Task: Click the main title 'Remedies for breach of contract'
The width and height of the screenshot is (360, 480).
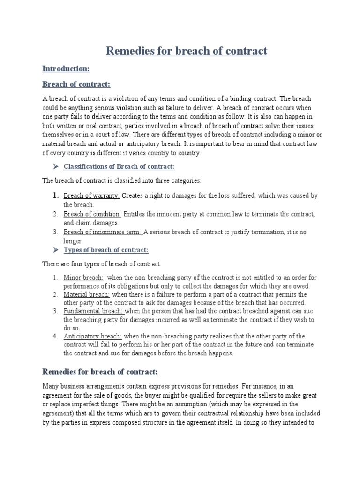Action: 187,51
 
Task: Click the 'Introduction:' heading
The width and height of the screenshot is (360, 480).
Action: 66,69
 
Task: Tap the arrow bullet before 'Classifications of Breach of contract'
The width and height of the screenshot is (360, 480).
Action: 54,167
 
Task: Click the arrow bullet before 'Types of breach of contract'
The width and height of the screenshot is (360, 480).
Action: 54,250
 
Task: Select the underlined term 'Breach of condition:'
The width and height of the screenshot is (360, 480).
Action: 92,214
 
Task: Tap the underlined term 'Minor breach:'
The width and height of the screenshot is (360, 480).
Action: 83,277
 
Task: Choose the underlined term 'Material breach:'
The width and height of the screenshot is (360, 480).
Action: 87,295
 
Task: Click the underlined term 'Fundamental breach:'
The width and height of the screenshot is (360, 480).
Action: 93,311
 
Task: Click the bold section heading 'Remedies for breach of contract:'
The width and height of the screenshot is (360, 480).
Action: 100,372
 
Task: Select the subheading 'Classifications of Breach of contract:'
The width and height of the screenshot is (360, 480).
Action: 119,167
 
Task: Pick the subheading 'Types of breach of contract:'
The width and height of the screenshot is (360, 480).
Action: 106,250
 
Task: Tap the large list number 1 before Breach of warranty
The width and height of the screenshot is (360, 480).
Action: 54,195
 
